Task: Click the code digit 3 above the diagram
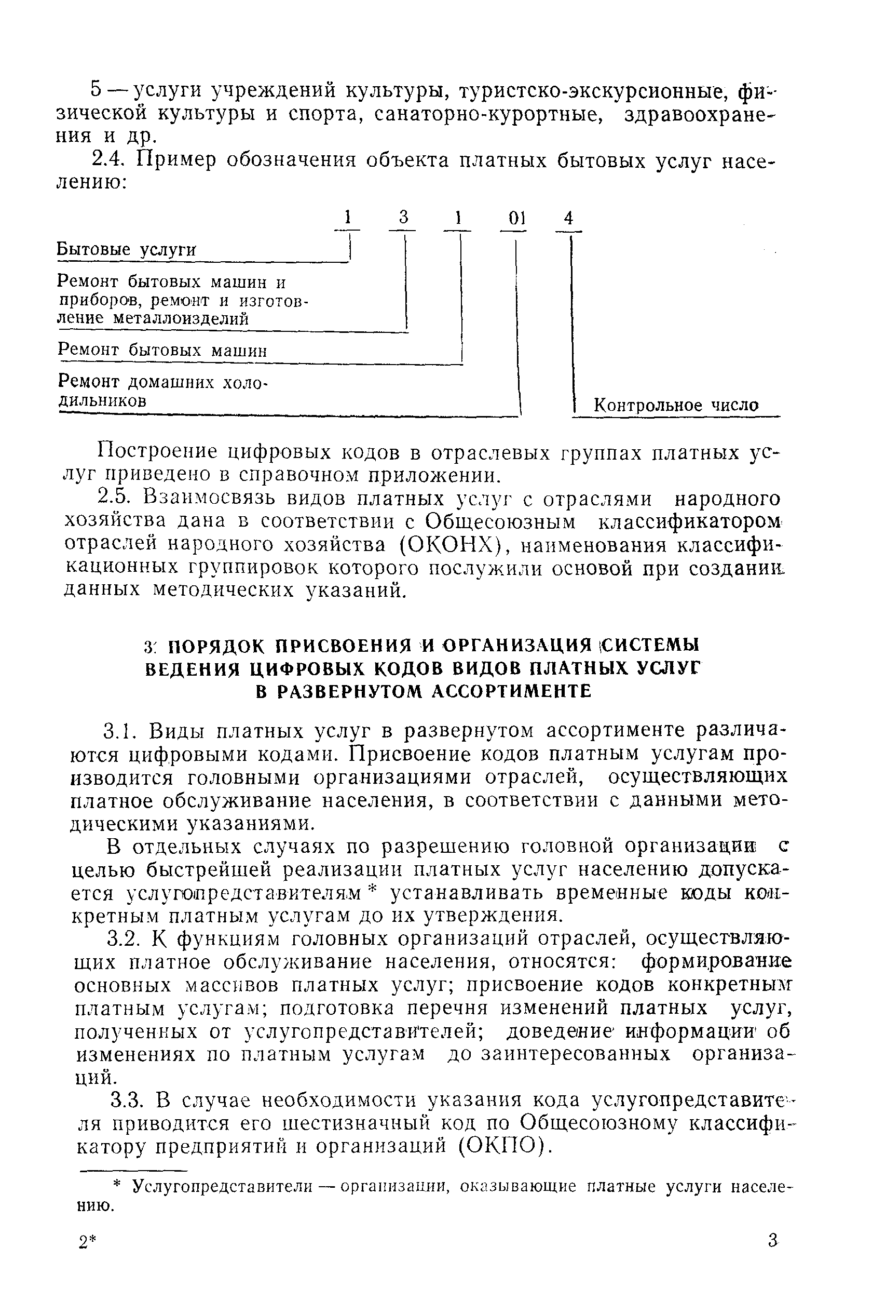[x=403, y=218]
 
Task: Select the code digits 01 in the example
[x=516, y=218]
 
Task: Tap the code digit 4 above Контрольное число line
[x=569, y=218]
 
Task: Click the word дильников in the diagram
[x=102, y=401]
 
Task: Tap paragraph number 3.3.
[x=125, y=1099]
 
